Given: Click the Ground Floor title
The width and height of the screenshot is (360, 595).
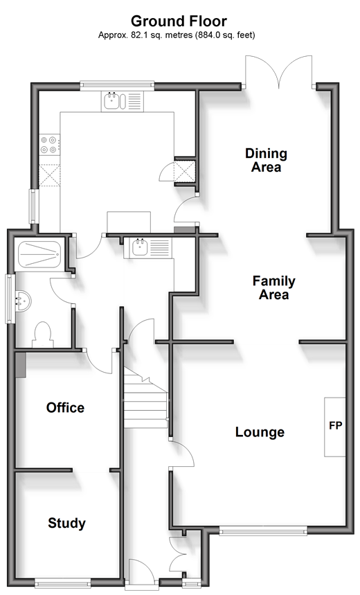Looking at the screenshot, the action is (x=179, y=21).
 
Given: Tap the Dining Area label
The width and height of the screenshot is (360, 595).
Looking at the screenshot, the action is (x=266, y=160).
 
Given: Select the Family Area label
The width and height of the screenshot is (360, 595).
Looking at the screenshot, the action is (x=274, y=287).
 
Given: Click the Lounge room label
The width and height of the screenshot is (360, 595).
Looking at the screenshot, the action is (x=260, y=432).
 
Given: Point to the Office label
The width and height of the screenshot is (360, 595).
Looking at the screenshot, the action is (x=65, y=407).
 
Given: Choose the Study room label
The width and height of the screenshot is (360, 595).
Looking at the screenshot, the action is (x=66, y=523).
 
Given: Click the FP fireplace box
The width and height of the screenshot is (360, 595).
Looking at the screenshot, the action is (x=335, y=427).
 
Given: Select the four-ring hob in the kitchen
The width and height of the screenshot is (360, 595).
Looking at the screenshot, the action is (x=50, y=145).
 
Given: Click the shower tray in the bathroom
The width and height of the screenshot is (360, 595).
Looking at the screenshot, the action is (x=39, y=254).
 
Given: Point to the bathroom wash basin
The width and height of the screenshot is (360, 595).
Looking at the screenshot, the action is (x=23, y=301).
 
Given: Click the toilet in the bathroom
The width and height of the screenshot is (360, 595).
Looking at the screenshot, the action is (x=42, y=335).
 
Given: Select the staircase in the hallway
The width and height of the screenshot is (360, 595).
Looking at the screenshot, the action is (x=145, y=398).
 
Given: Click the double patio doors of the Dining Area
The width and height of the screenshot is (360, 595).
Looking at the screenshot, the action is (x=279, y=73).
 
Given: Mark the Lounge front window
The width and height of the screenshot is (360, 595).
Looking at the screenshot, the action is (x=263, y=532).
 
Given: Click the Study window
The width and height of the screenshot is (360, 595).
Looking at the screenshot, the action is (x=62, y=583).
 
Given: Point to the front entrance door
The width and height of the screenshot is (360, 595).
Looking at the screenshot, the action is (x=141, y=574).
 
